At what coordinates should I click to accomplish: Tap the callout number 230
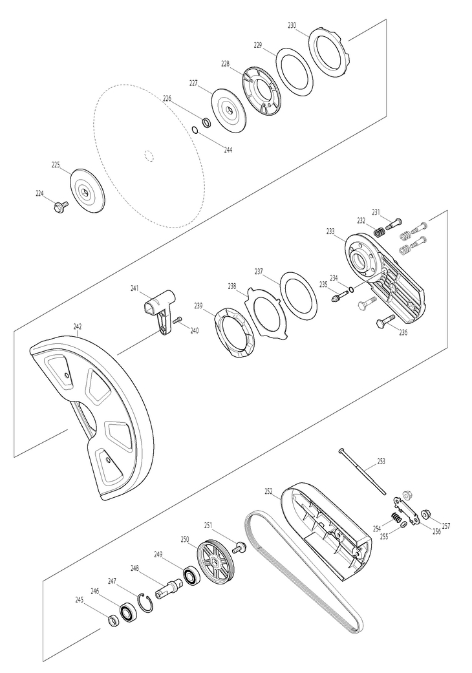point(292,25)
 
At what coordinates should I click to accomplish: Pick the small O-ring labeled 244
point(194,129)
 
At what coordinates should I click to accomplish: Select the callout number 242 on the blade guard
point(78,326)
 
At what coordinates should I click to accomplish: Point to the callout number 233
point(330,231)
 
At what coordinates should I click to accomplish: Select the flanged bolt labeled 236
point(383,321)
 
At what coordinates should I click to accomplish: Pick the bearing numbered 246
point(128,612)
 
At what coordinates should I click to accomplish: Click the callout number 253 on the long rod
point(381,462)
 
